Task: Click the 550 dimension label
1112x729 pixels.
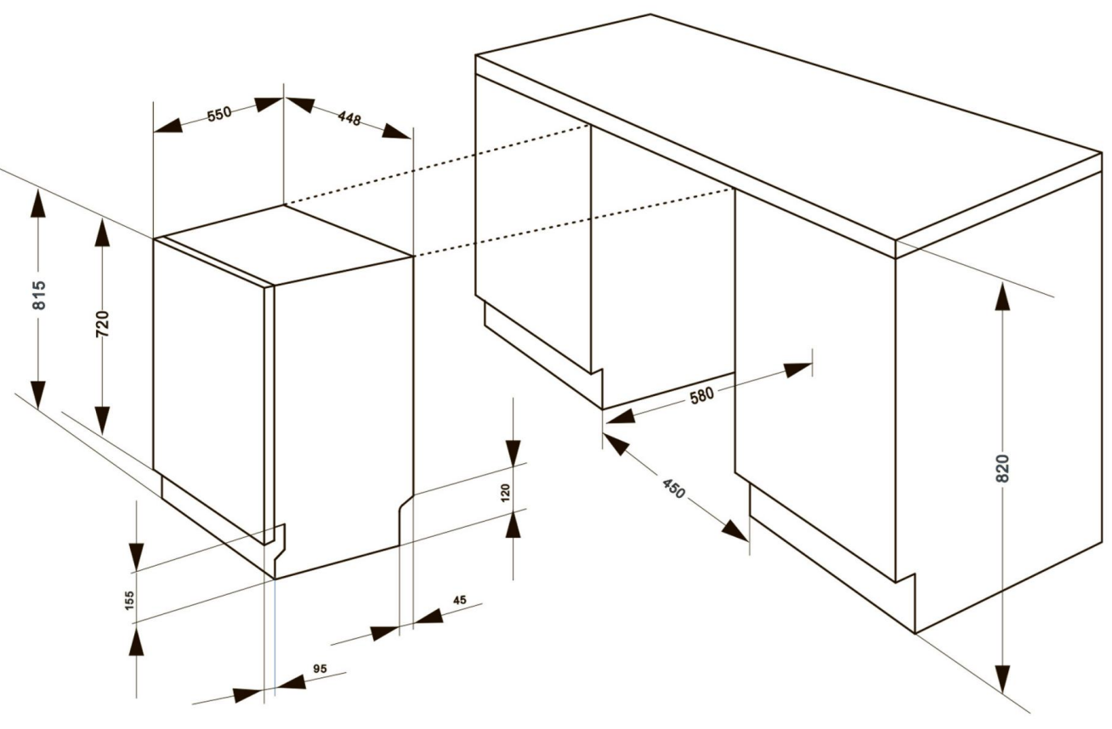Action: coord(219,114)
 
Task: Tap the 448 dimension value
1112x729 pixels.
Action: coord(349,118)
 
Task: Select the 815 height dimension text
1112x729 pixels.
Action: coord(39,296)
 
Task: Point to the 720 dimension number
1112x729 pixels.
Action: coord(102,324)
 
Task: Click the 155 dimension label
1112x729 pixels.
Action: coord(129,600)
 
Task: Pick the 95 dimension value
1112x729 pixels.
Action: coord(321,669)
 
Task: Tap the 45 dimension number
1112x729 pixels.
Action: coord(460,600)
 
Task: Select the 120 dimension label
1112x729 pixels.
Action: coord(505,493)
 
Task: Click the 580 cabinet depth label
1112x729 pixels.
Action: coord(702,396)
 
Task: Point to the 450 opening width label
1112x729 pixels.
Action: coord(673,489)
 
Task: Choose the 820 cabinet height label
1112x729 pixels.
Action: coord(1002,468)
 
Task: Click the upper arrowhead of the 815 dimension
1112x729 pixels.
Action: coord(38,203)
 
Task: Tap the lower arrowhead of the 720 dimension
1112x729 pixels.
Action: coord(102,421)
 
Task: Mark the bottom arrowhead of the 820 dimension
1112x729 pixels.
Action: coord(1002,679)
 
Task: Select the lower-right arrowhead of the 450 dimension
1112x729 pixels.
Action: coord(735,530)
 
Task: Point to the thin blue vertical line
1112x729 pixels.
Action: coord(275,634)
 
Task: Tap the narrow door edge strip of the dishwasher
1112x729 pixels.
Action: coord(269,415)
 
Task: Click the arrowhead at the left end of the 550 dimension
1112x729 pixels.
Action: coord(168,126)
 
